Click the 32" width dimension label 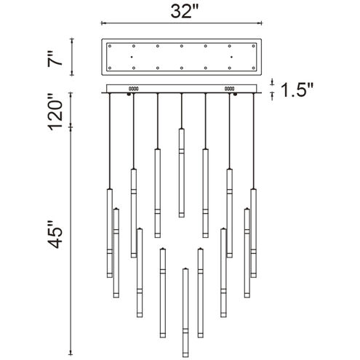tap(185, 11)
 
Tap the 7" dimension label tap(55, 58)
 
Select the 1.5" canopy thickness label tap(297, 90)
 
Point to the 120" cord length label tap(55, 112)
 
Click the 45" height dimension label tap(55, 234)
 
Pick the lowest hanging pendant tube tap(185, 312)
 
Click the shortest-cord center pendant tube tap(181, 173)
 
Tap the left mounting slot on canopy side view tap(133, 89)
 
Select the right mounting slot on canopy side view tap(229, 89)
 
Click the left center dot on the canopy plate tap(132, 57)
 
